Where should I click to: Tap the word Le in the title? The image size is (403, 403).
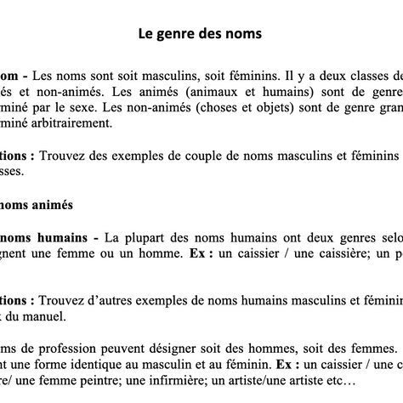click(146, 35)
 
